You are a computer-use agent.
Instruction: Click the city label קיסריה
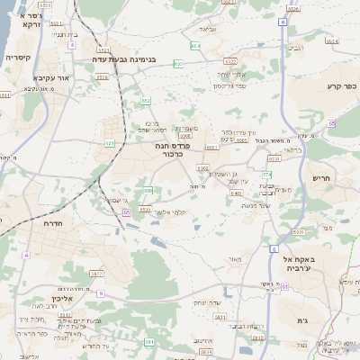pos(18,57)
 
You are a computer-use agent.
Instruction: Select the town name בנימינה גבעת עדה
pos(124,59)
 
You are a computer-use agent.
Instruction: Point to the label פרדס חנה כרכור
pos(165,148)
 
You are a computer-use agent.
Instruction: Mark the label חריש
pos(321,178)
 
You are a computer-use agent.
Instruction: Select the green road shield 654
pos(195,44)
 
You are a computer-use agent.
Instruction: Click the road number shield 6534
pos(146,209)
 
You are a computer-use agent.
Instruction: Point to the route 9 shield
pos(101,293)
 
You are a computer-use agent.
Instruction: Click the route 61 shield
pos(284,286)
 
